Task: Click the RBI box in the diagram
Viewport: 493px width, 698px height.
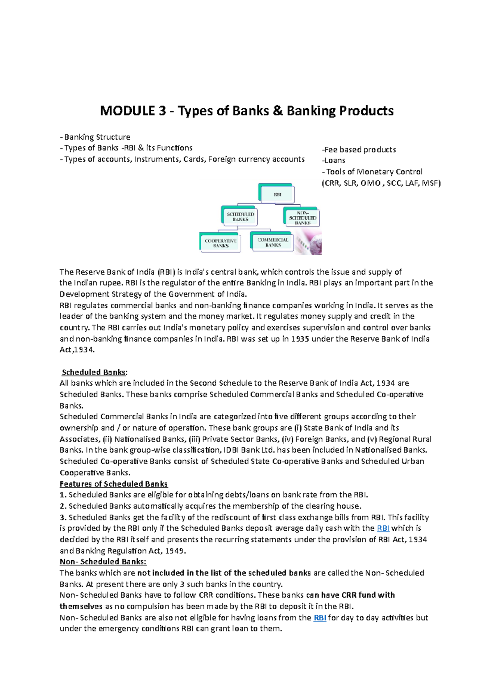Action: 277,194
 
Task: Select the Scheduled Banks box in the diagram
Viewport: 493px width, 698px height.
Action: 241,217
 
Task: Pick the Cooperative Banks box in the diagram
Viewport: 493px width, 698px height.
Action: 221,243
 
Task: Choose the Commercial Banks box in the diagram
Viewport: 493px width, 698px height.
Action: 273,242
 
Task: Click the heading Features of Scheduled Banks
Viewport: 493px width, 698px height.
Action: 113,484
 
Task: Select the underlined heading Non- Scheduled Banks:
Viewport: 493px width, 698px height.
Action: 103,562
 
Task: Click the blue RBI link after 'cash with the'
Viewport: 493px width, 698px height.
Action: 383,528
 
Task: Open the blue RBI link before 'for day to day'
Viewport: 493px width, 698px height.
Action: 320,617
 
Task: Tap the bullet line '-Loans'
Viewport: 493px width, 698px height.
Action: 334,161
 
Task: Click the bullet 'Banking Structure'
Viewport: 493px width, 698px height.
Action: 97,137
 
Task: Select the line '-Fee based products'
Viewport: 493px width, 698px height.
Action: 359,150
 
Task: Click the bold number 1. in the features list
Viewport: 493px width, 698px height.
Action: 63,495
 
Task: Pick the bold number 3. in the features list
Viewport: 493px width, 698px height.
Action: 63,517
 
